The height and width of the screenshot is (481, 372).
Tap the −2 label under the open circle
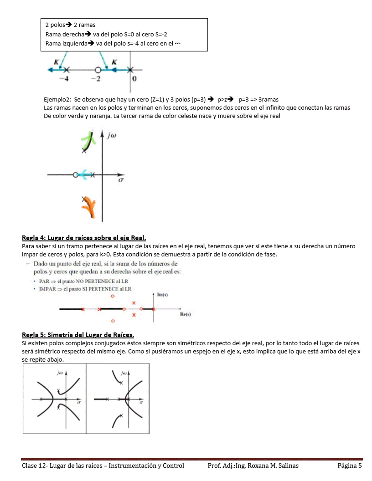[95, 79]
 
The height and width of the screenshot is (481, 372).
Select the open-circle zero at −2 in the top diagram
[98, 70]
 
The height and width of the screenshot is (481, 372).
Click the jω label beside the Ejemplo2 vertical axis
[113, 135]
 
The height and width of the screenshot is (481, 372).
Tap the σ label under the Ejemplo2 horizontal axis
[121, 181]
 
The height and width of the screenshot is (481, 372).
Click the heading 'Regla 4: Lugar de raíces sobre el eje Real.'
[84, 238]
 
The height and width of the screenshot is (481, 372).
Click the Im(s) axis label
[163, 295]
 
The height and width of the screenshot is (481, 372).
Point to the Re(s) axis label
[186, 314]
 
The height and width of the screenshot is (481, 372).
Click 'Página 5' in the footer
[350, 466]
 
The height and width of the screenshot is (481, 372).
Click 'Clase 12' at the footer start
[33, 466]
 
